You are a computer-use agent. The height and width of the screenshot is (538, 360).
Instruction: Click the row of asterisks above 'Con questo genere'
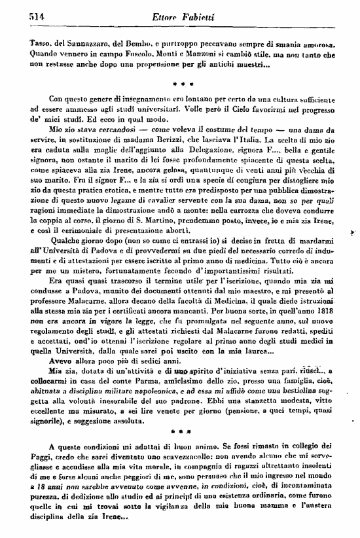(181, 85)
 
